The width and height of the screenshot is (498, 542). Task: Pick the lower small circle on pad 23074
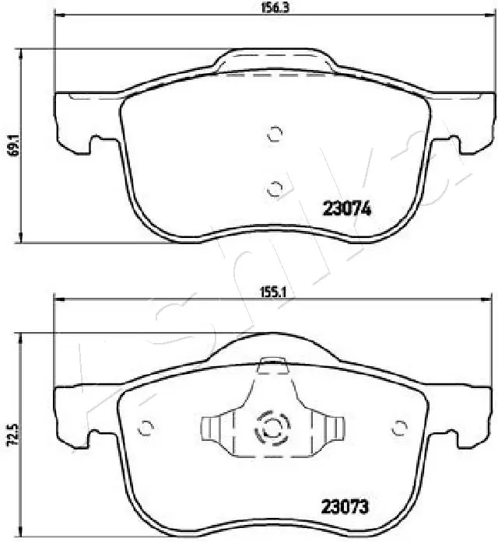[274, 187]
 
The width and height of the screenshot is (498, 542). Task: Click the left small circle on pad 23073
[144, 427]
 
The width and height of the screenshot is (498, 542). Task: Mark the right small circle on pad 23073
[400, 427]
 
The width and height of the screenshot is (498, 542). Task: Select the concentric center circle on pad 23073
[272, 427]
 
